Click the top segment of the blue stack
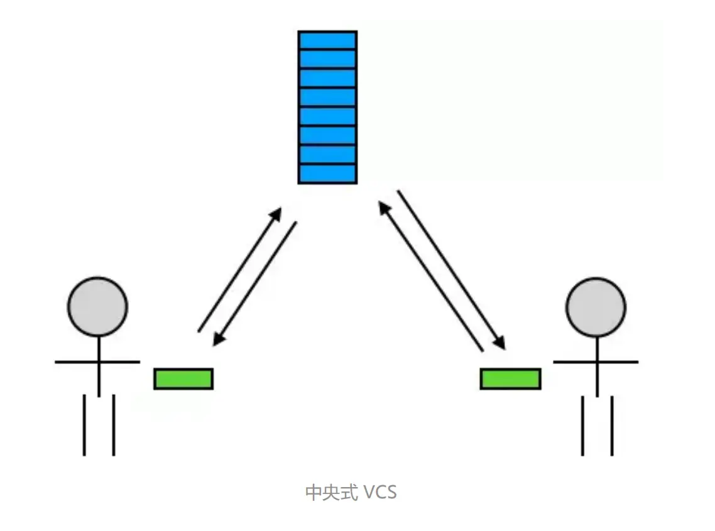coord(327,40)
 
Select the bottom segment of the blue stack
coord(327,174)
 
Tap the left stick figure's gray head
coord(97,307)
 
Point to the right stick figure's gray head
coord(596,307)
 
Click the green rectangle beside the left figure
coord(183,378)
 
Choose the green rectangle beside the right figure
coord(510,378)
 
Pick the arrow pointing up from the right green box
coord(431,276)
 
